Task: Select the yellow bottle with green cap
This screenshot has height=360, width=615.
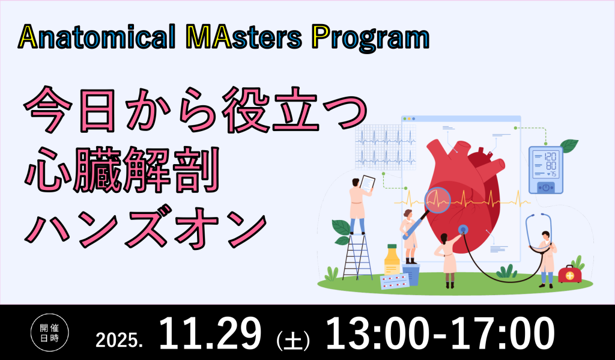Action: click(x=392, y=260)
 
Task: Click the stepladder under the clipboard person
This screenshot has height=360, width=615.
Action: click(x=357, y=255)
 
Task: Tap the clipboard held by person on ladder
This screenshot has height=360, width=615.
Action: click(x=367, y=182)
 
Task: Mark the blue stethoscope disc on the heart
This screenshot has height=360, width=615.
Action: click(x=463, y=229)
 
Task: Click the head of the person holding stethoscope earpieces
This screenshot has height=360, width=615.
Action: click(x=545, y=235)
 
